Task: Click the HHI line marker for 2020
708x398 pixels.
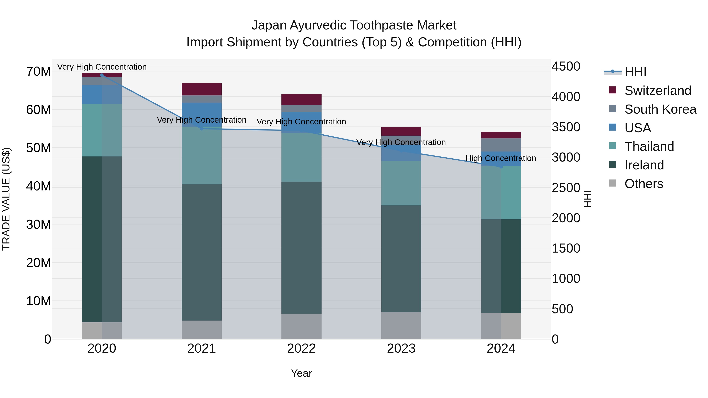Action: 102,75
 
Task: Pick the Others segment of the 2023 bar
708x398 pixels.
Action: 401,325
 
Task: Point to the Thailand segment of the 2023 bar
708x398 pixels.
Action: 401,183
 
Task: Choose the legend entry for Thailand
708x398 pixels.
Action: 649,146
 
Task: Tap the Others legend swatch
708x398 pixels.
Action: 613,183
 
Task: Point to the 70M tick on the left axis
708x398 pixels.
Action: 39,71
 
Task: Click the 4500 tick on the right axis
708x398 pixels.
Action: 566,66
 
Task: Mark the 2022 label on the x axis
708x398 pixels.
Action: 301,348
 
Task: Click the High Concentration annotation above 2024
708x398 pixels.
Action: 501,158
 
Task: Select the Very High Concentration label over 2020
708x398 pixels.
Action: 102,67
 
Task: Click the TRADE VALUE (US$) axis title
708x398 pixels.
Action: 6,199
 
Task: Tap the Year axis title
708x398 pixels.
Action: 301,373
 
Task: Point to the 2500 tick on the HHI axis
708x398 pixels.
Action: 566,188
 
